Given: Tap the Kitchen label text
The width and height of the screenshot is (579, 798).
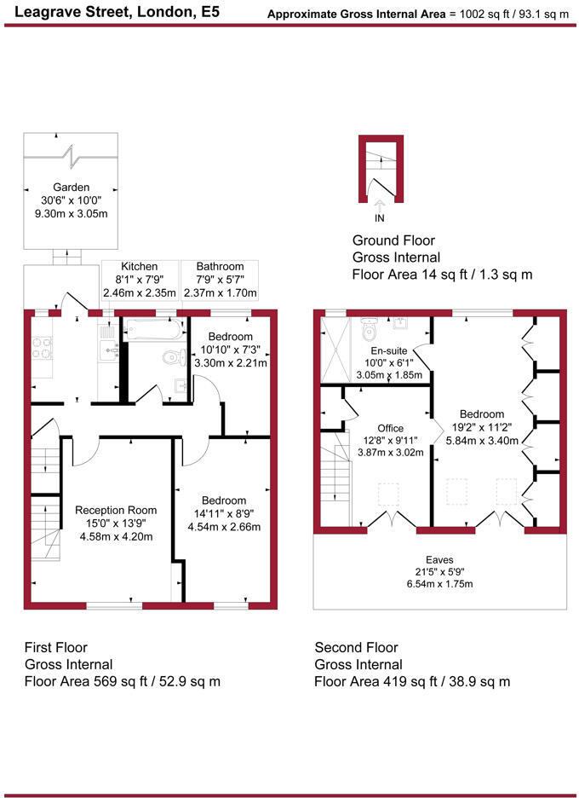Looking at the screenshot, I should [x=140, y=267].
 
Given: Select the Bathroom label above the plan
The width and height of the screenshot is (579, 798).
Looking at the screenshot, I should [x=220, y=267].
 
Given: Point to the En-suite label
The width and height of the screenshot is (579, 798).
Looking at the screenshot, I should [x=391, y=350].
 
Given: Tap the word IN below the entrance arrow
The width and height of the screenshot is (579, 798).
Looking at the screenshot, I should [x=379, y=218].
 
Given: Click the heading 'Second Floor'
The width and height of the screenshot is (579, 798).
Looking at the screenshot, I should [x=355, y=648].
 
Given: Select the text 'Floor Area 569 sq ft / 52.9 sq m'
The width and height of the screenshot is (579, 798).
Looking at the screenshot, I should [x=123, y=681].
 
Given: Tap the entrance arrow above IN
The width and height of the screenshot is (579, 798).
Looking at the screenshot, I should [x=379, y=205].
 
